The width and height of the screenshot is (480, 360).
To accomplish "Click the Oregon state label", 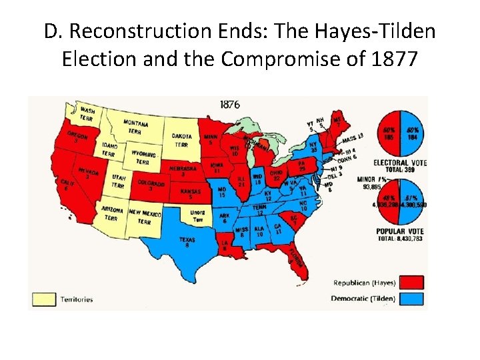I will click(x=77, y=137).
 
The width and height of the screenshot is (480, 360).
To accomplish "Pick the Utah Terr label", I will click(x=119, y=181).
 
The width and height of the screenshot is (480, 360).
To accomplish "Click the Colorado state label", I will click(x=152, y=184).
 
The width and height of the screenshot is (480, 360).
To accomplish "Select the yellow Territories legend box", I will click(x=45, y=299).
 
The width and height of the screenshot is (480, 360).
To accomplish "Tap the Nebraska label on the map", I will click(x=183, y=171).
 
